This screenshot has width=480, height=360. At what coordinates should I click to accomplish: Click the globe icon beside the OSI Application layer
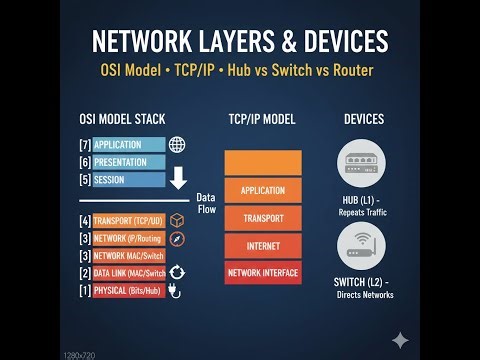pyautogui.click(x=178, y=145)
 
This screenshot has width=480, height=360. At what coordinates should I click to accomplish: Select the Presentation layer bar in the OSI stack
pyautogui.click(x=129, y=162)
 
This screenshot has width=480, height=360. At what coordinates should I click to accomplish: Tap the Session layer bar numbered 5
pyautogui.click(x=129, y=180)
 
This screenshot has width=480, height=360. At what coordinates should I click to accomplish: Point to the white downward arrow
pyautogui.click(x=179, y=178)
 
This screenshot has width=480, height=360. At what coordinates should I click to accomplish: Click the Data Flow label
pyautogui.click(x=206, y=203)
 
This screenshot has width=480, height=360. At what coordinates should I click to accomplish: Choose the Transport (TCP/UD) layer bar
pyautogui.click(x=129, y=221)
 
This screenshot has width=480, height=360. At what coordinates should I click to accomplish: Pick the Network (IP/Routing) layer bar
pyautogui.click(x=129, y=239)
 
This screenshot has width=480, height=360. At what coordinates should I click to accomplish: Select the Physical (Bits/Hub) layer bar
pyautogui.click(x=129, y=291)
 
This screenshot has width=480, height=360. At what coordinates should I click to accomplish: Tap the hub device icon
pyautogui.click(x=364, y=162)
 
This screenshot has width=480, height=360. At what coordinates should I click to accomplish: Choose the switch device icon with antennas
pyautogui.click(x=364, y=245)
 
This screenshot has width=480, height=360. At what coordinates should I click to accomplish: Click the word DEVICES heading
pyautogui.click(x=364, y=119)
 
